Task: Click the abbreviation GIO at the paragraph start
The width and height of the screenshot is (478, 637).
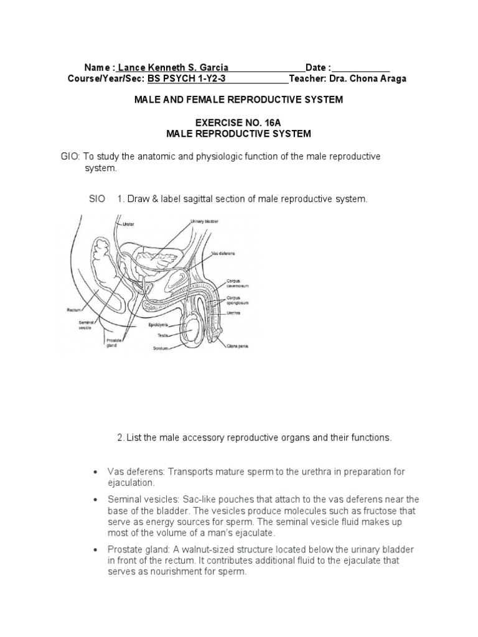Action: coord(70,157)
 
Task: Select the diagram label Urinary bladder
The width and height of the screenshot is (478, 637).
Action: coord(205,221)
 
